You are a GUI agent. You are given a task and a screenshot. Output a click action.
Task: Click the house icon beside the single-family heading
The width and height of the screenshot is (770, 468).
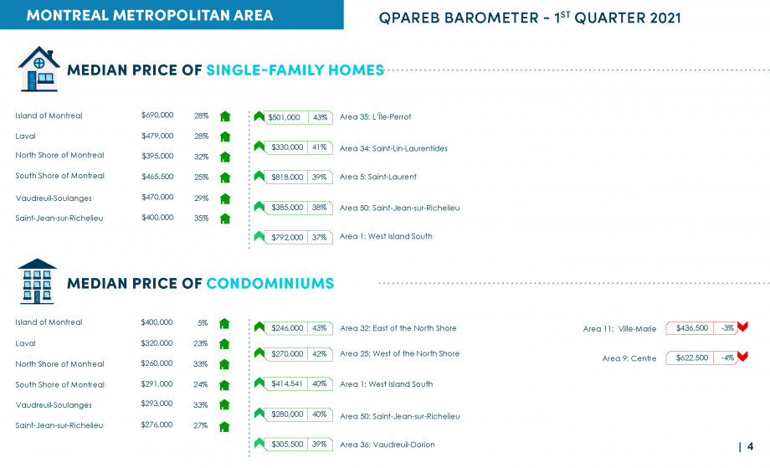point(38,69)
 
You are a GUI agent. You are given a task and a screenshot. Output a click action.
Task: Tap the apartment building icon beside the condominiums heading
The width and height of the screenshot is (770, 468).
point(37,281)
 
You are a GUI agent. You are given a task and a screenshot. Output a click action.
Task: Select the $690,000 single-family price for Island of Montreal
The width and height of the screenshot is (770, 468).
point(157,115)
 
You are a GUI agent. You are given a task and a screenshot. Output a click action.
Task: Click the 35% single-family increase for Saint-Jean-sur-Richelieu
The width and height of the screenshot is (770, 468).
point(201,218)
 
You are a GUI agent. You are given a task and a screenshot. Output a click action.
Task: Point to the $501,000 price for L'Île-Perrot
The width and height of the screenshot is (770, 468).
point(284,117)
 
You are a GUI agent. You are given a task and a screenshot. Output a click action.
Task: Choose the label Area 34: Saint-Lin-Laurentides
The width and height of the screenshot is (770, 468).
point(393,148)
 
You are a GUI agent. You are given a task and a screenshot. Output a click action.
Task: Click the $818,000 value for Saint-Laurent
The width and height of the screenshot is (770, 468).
point(287,177)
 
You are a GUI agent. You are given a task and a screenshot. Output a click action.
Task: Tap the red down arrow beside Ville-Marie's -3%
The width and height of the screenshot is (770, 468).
point(742,327)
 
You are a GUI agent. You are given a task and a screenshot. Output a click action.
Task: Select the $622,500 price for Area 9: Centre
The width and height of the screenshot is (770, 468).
point(692,358)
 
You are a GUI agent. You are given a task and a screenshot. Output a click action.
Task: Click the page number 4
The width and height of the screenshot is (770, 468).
point(750,446)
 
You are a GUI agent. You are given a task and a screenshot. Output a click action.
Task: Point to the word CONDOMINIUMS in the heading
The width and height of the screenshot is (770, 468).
point(270,283)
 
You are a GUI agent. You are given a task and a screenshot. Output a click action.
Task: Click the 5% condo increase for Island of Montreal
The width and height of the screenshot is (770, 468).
point(203,323)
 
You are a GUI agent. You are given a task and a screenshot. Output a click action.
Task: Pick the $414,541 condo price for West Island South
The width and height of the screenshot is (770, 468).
point(287,384)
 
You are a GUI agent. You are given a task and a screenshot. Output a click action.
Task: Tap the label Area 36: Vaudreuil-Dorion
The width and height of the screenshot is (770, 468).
point(388,445)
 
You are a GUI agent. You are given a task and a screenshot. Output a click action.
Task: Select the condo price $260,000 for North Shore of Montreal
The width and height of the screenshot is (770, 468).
point(157,363)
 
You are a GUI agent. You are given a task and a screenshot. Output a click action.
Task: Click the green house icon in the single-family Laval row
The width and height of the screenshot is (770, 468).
point(225,136)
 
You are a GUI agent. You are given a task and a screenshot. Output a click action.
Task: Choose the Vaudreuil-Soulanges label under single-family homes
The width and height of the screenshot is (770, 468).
point(54,198)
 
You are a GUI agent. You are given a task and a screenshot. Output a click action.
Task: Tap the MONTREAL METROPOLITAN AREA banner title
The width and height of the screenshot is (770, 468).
point(150,15)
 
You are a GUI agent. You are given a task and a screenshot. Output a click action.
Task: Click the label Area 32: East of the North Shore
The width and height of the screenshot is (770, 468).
point(398,328)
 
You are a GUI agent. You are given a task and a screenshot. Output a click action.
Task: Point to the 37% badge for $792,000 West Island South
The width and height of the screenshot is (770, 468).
point(319,238)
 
